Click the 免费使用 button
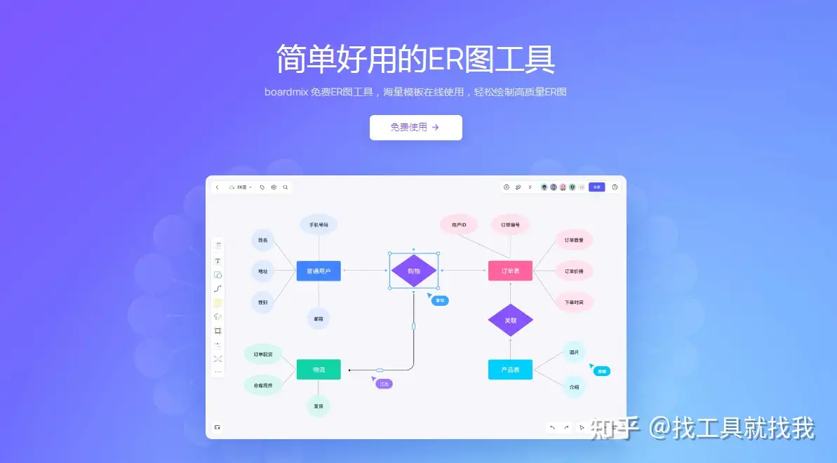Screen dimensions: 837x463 click(415, 128)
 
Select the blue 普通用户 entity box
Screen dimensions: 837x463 click(319, 271)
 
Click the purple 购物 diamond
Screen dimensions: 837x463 click(414, 271)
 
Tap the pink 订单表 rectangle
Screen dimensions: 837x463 click(510, 271)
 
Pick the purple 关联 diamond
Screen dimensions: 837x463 click(510, 320)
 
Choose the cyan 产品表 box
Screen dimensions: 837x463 click(510, 369)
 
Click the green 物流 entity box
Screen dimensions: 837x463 click(319, 369)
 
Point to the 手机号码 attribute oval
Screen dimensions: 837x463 click(319, 224)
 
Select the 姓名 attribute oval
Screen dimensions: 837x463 click(262, 240)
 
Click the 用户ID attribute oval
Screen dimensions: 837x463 click(459, 224)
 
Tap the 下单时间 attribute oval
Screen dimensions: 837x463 click(574, 302)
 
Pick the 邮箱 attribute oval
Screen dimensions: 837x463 click(319, 318)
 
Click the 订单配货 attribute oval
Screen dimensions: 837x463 click(262, 354)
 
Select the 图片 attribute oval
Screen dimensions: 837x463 click(574, 352)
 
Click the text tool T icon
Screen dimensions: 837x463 click(217, 260)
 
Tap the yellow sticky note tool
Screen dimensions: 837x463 click(217, 302)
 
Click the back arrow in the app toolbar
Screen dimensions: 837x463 click(217, 187)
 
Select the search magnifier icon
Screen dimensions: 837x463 click(285, 187)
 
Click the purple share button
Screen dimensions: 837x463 click(596, 187)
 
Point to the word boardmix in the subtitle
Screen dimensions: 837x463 click(286, 92)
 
